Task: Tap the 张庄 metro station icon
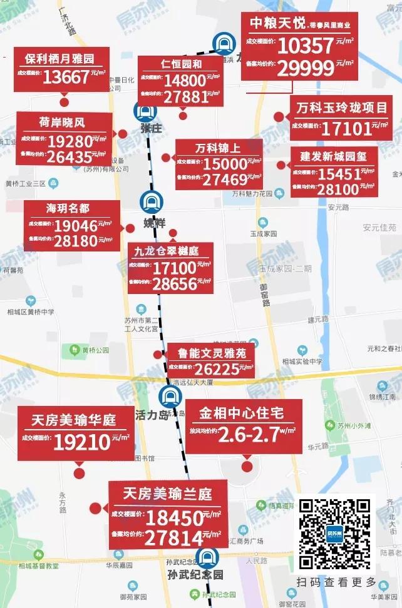[145, 111]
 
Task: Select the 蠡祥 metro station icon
[152, 201]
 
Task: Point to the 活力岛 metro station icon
[169, 396]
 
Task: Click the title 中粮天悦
[277, 24]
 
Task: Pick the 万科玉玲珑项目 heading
[342, 108]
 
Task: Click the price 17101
[346, 129]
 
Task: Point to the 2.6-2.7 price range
[248, 433]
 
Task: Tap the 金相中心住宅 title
[242, 413]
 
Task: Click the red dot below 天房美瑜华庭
[79, 474]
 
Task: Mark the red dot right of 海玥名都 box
[130, 228]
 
